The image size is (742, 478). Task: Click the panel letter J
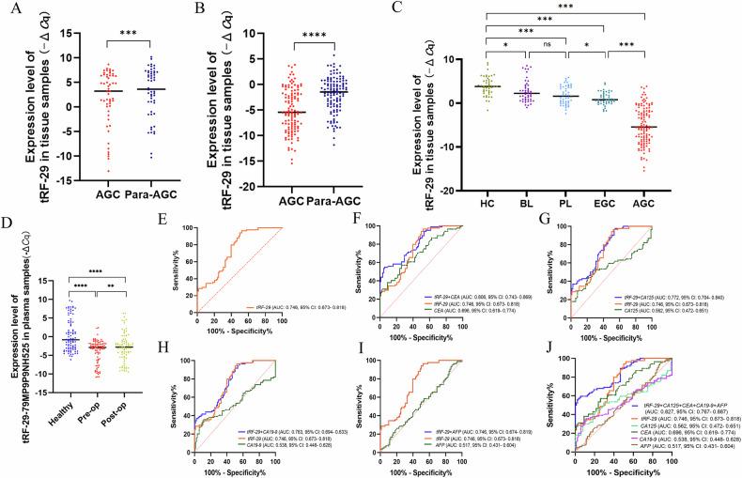coord(560,332)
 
